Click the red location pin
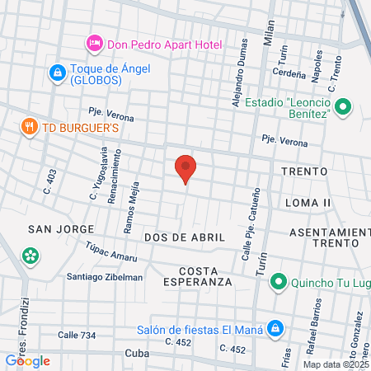[185, 167]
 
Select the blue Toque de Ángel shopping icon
[56, 73]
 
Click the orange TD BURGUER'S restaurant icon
[31, 127]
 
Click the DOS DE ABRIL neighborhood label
[184, 237]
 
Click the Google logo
[28, 360]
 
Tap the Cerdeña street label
[289, 72]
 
